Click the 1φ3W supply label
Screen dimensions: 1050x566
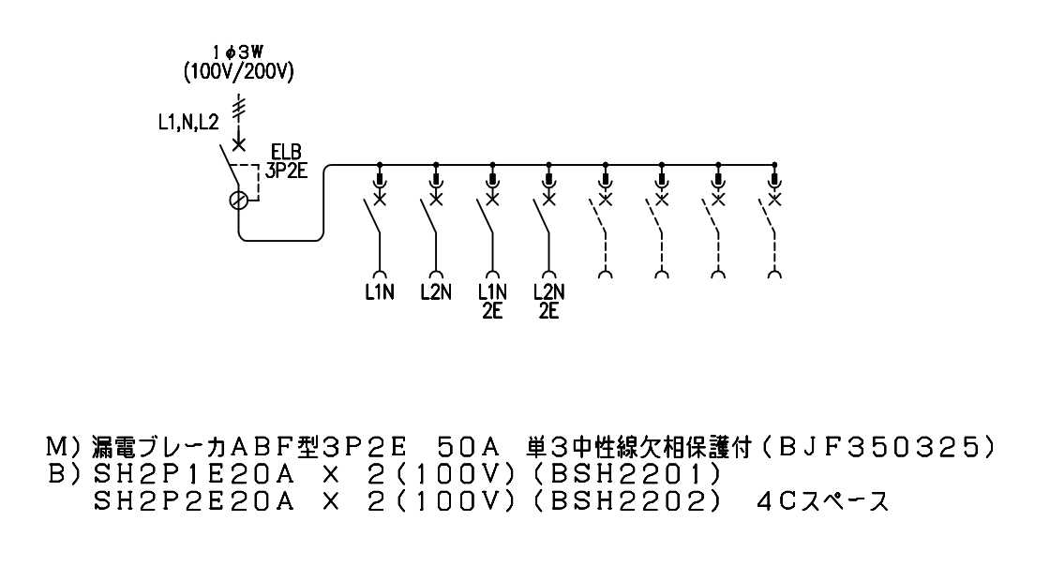click(x=238, y=52)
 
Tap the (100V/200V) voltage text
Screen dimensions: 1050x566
click(x=239, y=72)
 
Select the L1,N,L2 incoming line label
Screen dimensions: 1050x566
click(x=188, y=122)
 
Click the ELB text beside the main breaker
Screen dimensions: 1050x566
click(x=286, y=153)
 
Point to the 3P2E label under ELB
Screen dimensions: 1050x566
click(x=286, y=171)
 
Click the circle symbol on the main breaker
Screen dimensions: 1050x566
click(x=238, y=200)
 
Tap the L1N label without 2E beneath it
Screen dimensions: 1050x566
click(x=380, y=292)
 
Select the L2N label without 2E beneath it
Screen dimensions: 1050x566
click(x=436, y=292)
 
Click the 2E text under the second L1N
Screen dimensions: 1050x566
click(x=492, y=311)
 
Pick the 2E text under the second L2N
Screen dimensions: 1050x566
click(x=548, y=311)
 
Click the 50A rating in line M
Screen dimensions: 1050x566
click(x=468, y=447)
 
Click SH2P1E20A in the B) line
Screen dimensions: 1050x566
click(x=194, y=473)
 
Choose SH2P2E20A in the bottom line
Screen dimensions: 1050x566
click(x=194, y=501)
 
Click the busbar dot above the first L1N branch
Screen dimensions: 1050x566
click(x=380, y=164)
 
